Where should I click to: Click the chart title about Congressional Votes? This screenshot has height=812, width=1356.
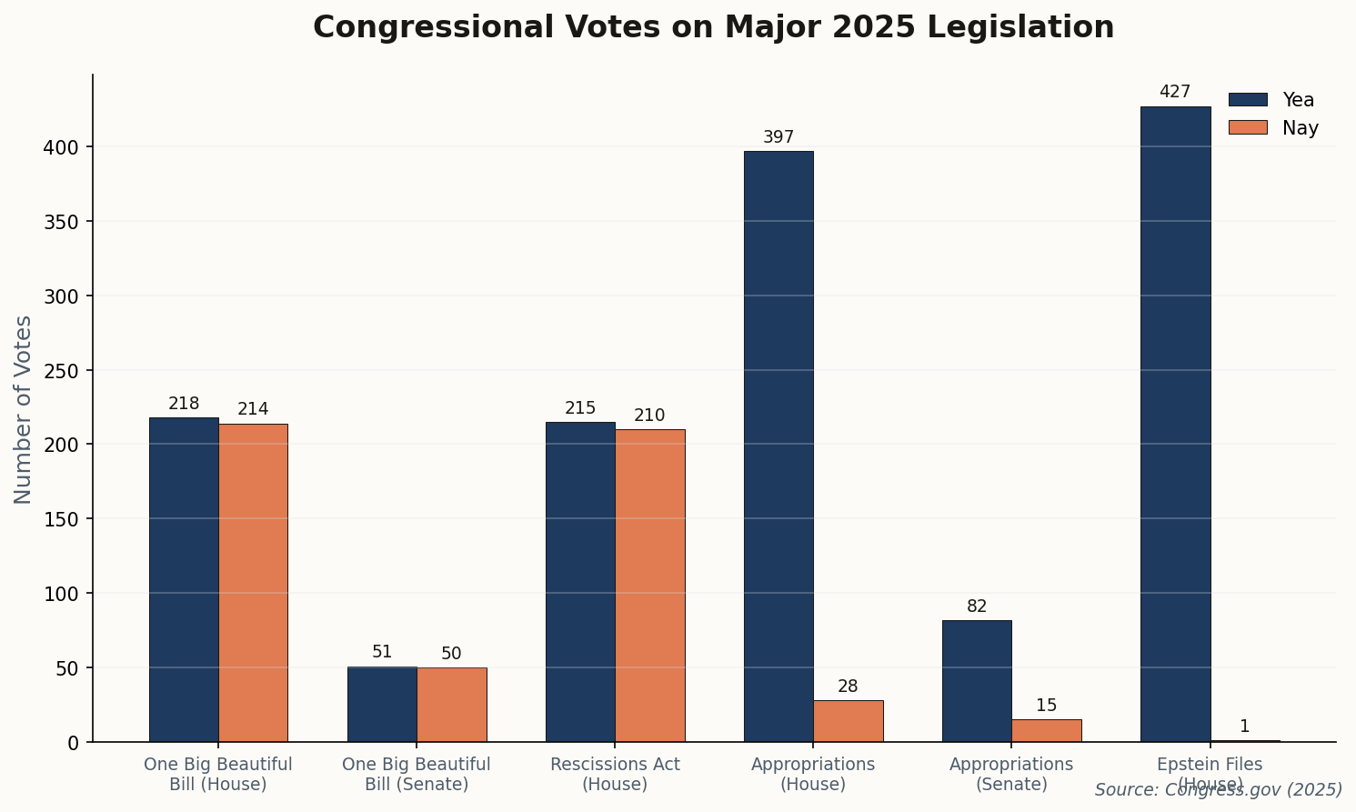[x=713, y=27]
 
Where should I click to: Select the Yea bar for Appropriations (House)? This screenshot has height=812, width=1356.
[x=778, y=446]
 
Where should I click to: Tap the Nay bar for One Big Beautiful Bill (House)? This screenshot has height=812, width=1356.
[x=253, y=582]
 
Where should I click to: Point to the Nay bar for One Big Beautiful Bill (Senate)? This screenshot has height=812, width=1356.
[x=451, y=705]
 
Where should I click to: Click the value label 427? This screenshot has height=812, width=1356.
[x=1175, y=93]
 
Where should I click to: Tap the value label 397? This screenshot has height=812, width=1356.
[x=778, y=137]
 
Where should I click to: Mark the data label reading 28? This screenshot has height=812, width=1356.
[x=848, y=687]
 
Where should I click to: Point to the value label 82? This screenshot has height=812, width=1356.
[x=977, y=606]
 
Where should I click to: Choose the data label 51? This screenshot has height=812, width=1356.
[x=382, y=652]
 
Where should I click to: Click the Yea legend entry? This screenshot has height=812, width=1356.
[x=1272, y=100]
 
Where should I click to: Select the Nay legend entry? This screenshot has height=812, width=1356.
[x=1272, y=128]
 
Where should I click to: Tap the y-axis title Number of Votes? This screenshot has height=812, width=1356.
[x=24, y=409]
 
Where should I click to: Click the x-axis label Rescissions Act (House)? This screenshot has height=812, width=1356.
[x=615, y=774]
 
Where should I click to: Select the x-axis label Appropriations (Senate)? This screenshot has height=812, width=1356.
[x=1011, y=774]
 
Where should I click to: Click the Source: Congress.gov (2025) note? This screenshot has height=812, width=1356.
[x=1219, y=790]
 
